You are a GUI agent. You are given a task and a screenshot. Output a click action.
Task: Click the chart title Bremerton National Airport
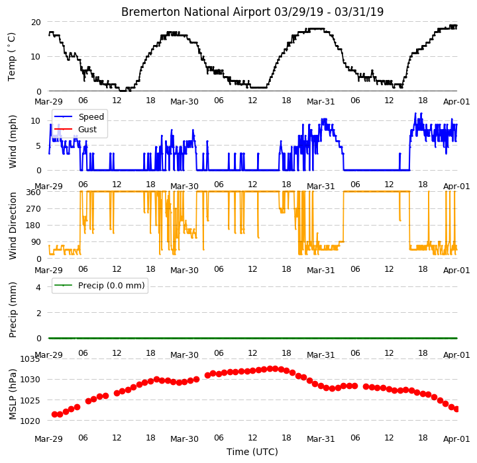(x=196, y=12)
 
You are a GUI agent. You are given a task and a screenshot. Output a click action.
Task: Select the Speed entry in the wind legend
(x=91, y=116)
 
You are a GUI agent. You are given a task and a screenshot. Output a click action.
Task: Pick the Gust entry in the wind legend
(x=87, y=129)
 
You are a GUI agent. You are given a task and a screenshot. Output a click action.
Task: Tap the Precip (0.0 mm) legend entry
(x=111, y=286)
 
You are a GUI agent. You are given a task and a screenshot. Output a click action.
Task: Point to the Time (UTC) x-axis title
(x=252, y=452)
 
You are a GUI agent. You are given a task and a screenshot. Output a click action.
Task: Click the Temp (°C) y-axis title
(x=11, y=57)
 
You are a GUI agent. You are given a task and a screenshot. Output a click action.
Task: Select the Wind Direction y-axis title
(x=13, y=226)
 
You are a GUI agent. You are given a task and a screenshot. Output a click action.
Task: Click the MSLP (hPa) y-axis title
(x=12, y=394)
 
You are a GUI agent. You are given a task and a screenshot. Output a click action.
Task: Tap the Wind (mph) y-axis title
(x=13, y=142)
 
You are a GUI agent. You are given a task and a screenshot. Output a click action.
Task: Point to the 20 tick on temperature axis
(x=36, y=22)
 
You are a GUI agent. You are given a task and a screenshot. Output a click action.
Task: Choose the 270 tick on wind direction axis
(x=34, y=209)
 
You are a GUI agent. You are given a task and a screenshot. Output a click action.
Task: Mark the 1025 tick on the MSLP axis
(x=30, y=400)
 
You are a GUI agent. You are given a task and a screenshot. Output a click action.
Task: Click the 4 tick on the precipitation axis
(x=38, y=287)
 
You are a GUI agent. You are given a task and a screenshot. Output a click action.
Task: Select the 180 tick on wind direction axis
(x=34, y=226)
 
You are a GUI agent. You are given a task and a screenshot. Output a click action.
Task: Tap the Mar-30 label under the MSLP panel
(x=184, y=439)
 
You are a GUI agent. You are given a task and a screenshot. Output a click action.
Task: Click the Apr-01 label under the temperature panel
(x=456, y=101)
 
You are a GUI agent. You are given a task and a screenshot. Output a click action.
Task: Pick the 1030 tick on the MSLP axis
(x=30, y=380)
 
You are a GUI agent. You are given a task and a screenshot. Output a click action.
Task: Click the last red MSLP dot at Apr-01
(x=456, y=409)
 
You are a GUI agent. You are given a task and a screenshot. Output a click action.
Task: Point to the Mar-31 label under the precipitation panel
(x=321, y=355)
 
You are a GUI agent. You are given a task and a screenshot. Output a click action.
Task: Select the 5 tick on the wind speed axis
(x=38, y=146)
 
